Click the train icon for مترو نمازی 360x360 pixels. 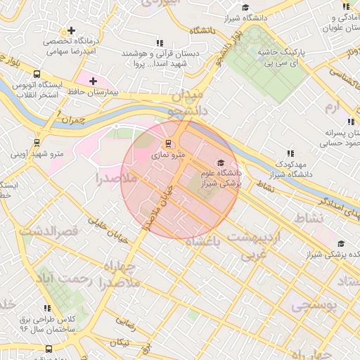tap(167, 144)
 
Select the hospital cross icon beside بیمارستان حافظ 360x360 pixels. tap(93, 82)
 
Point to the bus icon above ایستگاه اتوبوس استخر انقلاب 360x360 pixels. tap(37, 74)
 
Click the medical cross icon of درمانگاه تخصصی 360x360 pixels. tap(71, 31)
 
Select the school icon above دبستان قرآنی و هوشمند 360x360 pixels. tap(160, 43)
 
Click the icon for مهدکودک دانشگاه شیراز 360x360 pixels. tap(290, 153)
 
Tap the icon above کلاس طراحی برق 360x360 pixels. tap(48, 308)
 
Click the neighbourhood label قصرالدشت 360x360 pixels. tap(48, 231)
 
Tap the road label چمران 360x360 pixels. tap(72, 120)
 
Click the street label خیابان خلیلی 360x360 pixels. tap(107, 229)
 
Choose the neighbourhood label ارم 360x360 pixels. tap(331, 106)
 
